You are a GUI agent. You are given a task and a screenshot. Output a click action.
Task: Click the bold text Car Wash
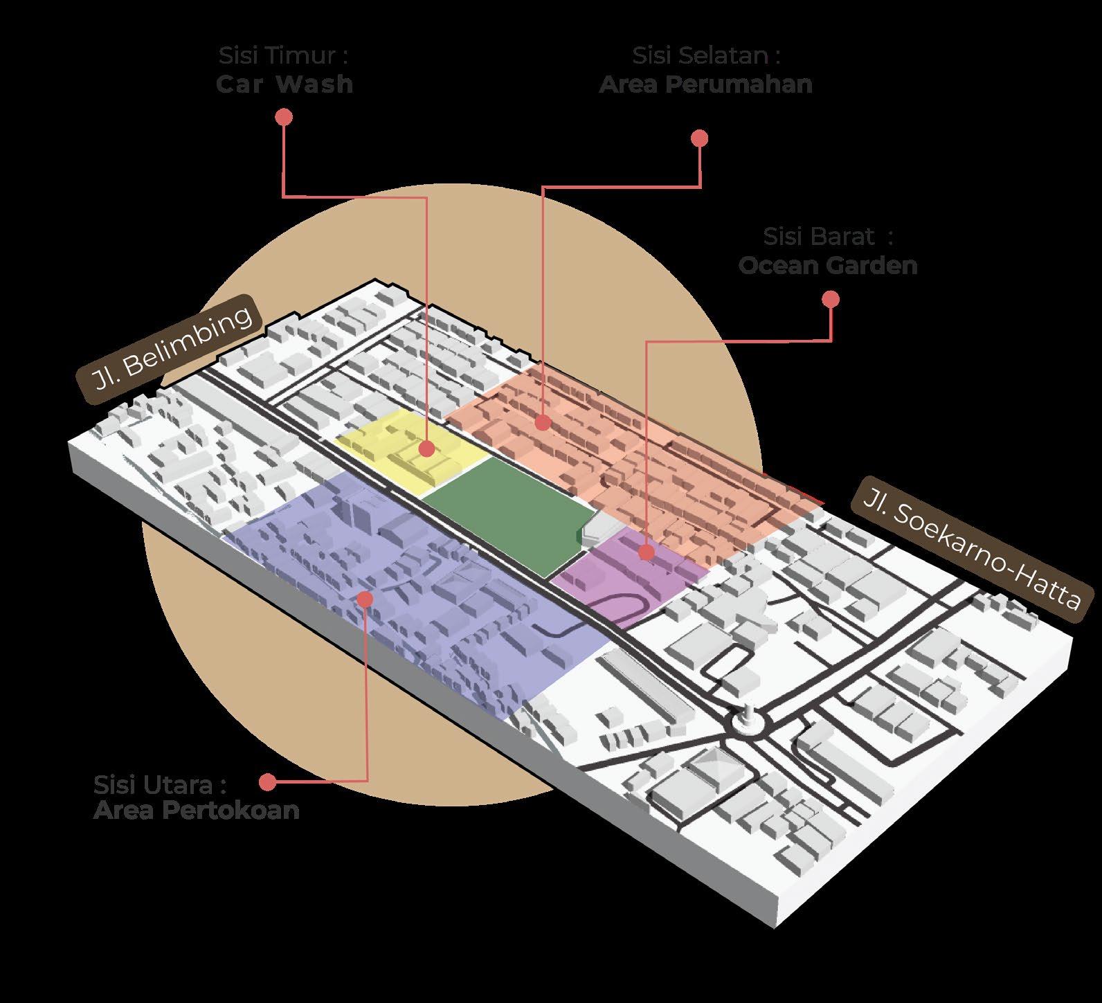[284, 84]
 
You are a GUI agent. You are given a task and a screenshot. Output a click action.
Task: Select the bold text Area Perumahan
[705, 84]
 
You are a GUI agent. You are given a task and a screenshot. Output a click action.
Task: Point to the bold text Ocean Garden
[828, 266]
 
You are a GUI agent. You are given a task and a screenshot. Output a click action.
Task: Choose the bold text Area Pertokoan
[197, 810]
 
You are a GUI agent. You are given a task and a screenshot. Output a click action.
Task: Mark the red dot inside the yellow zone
[427, 449]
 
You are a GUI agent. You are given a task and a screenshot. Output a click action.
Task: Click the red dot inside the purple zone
[647, 552]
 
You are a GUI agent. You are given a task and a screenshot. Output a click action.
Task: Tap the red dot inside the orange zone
[543, 421]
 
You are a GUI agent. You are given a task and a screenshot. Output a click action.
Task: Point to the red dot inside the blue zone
[366, 598]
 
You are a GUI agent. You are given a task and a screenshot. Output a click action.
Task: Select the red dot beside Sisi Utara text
[267, 782]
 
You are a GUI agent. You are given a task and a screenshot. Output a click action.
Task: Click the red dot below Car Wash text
[283, 117]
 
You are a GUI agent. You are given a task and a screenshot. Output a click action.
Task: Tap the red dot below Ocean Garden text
[831, 299]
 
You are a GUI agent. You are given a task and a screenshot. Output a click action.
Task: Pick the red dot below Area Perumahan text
[700, 138]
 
